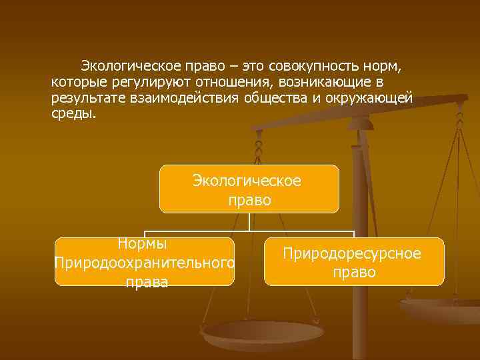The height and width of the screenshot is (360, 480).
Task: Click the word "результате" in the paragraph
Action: [x=86, y=98]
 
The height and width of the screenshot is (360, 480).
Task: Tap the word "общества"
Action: [x=276, y=98]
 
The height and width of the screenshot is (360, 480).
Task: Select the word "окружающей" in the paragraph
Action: [x=374, y=98]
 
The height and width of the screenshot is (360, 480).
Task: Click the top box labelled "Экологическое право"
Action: [x=249, y=189]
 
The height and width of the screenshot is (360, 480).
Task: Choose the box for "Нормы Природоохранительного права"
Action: [x=145, y=262]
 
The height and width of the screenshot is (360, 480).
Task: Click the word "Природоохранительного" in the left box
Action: [x=145, y=263]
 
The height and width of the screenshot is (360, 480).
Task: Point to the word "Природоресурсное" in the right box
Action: [x=352, y=254]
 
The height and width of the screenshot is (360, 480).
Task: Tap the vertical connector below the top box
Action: [x=249, y=222]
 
